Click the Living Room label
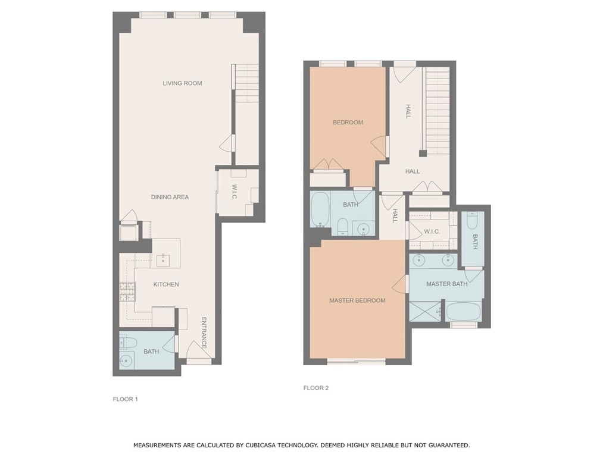point(182,83)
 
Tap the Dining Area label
point(170,197)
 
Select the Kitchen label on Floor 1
point(166,284)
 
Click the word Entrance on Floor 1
point(204,333)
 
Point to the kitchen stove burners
point(127,291)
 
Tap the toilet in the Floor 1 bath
point(127,341)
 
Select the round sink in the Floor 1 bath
point(126,360)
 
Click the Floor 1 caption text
point(125,399)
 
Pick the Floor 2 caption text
point(316,388)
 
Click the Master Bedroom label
point(357,300)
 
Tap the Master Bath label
point(447,284)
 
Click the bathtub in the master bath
point(463,311)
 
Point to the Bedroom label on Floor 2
point(348,123)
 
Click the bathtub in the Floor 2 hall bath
point(320,210)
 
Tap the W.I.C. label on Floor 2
point(432,231)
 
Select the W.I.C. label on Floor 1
point(234,192)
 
